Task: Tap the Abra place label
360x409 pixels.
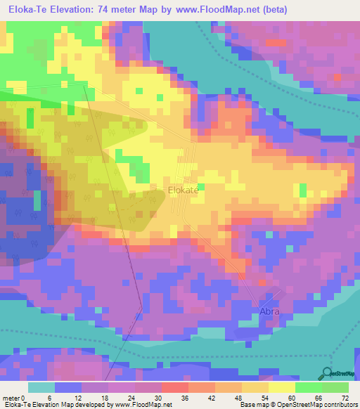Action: tap(267, 311)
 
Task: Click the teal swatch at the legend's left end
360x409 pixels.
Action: tap(41, 387)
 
